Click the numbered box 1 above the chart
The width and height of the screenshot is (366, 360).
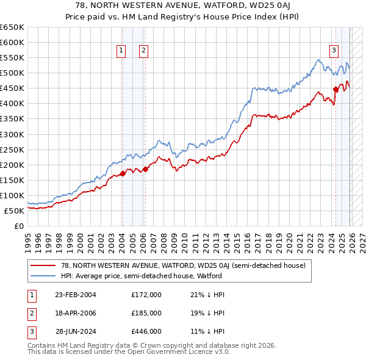click(122, 51)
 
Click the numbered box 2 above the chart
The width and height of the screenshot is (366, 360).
click(143, 51)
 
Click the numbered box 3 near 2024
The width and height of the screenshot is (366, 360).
click(334, 51)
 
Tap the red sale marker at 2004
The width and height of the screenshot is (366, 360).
click(123, 173)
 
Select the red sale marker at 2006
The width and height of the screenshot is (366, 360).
click(145, 169)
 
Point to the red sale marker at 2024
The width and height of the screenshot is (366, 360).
click(335, 89)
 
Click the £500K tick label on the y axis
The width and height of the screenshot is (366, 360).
click(12, 73)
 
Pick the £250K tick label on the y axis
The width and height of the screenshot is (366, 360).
click(12, 149)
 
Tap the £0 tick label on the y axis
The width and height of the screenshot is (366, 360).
click(18, 226)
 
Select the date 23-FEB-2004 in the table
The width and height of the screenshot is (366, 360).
click(76, 295)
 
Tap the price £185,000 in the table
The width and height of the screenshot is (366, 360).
click(146, 313)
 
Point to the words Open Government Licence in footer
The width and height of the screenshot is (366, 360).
click(164, 352)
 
